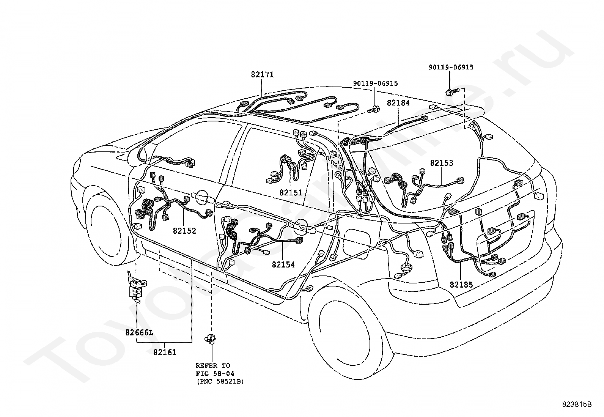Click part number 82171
point(262,74)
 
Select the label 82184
point(398,103)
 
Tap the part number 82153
point(442,163)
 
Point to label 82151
point(291,193)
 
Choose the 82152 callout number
point(184,231)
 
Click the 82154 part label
point(283,264)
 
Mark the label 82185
point(461,285)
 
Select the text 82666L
point(139,332)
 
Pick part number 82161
point(165,352)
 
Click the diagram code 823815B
point(577,404)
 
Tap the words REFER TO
point(213,365)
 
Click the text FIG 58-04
point(215,374)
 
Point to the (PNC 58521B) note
point(220,382)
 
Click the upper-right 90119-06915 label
point(451,67)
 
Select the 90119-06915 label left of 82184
point(375,83)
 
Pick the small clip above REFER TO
point(210,338)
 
